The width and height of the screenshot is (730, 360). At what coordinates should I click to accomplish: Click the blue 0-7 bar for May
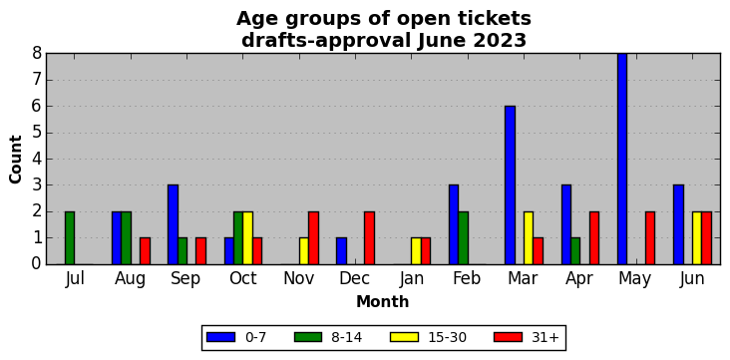[x=622, y=159]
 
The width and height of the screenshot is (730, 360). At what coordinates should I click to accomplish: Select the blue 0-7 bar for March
[x=510, y=185]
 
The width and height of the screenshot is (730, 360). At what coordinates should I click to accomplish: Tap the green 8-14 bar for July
[x=70, y=238]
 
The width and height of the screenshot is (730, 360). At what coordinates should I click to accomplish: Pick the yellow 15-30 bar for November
[x=303, y=251]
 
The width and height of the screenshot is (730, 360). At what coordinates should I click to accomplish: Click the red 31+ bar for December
[x=369, y=238]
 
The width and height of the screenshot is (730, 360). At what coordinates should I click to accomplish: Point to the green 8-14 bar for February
[x=463, y=238]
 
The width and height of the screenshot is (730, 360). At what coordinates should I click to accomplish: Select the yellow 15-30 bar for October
[x=247, y=238]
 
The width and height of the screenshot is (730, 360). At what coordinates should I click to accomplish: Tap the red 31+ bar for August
[x=145, y=251]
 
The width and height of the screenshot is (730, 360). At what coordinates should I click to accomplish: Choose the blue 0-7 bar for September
[x=173, y=225]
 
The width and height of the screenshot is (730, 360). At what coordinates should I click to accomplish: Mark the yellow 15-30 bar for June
[x=696, y=238]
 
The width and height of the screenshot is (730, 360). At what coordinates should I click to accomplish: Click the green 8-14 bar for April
[x=575, y=251]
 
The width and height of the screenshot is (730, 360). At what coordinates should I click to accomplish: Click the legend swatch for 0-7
[x=219, y=337]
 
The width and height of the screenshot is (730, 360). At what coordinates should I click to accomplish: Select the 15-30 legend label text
[x=448, y=337]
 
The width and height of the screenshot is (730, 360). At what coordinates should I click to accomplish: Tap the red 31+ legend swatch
[x=508, y=337]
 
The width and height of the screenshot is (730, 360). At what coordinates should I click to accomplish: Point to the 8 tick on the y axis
[x=37, y=54]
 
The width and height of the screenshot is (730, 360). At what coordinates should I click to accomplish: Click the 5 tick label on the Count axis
[x=37, y=133]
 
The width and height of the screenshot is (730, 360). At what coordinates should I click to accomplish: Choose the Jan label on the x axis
[x=412, y=278]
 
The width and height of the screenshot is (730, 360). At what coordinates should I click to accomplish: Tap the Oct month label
[x=243, y=278]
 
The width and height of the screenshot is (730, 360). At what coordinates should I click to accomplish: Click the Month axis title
[x=383, y=302]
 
